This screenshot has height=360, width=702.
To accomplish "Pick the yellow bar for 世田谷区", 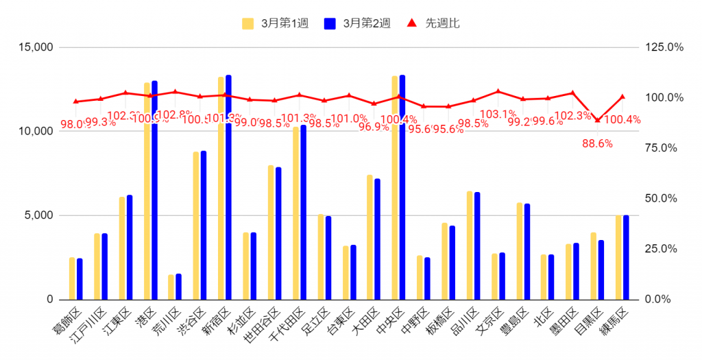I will click(271, 232).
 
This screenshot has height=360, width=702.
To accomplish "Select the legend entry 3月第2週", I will click(357, 23).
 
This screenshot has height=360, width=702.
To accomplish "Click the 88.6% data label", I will click(597, 143).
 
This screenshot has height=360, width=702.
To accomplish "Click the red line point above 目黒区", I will click(597, 121).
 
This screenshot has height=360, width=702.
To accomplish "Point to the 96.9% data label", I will click(373, 127).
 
